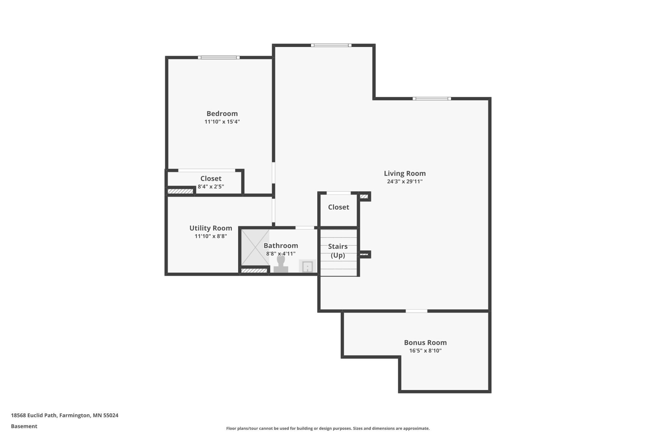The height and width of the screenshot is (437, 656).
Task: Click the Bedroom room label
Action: click(222, 114)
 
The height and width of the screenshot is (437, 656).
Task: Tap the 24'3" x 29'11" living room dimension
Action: click(405, 181)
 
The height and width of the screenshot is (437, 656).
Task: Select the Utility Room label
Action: click(211, 228)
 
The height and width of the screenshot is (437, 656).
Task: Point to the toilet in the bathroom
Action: click(281, 264)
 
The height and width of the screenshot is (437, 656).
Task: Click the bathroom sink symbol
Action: click(307, 266)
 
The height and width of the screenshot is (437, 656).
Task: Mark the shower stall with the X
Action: click(255, 247)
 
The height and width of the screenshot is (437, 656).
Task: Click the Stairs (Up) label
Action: click(338, 251)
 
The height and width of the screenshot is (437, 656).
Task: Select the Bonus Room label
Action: click(425, 342)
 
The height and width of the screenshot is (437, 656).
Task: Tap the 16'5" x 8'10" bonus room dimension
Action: click(425, 351)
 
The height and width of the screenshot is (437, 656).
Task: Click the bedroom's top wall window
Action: click(219, 57)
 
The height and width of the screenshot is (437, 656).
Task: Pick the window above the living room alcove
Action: click(331, 45)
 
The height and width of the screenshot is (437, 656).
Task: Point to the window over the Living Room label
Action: click(431, 99)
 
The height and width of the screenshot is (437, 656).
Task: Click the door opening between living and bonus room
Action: click(416, 311)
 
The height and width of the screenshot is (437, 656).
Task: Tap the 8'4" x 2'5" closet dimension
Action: click(211, 187)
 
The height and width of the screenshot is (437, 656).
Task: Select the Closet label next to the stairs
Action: click(338, 207)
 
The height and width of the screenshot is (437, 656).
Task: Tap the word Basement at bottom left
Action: click(24, 426)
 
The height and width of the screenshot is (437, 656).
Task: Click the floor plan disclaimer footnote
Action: click(328, 428)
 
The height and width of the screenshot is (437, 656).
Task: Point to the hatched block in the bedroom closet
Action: click(180, 191)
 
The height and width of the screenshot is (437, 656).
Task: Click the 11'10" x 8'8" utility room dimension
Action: click(211, 236)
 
